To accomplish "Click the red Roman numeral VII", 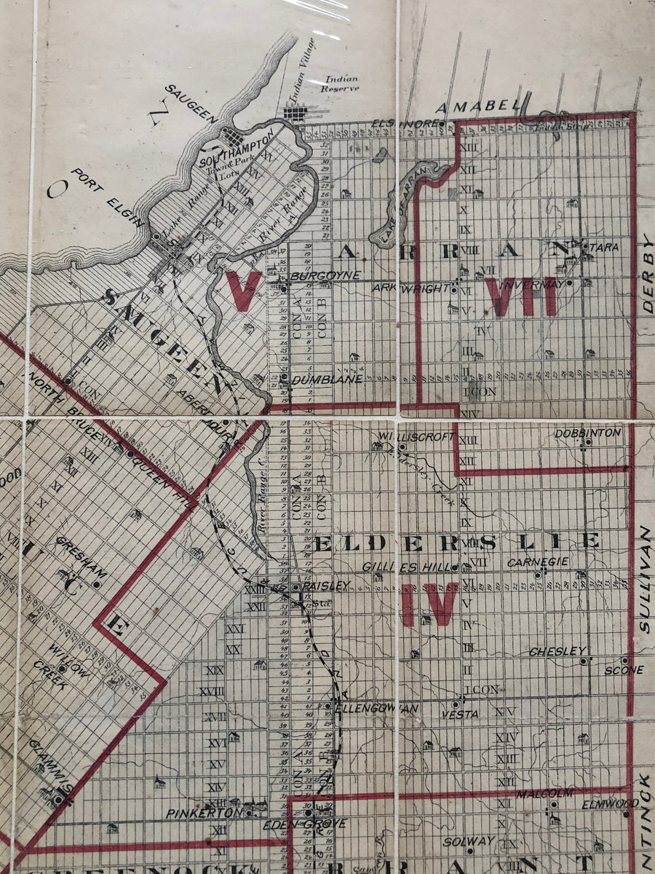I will pyautogui.click(x=523, y=297).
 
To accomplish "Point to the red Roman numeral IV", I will pyautogui.click(x=429, y=605).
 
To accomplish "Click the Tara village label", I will pyautogui.click(x=603, y=248).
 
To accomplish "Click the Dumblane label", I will pyautogui.click(x=317, y=379).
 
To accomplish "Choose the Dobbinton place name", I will pyautogui.click(x=587, y=433).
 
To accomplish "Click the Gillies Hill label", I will pyautogui.click(x=408, y=567).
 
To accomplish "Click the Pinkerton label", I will pyautogui.click(x=193, y=812).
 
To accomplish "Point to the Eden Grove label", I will pyautogui.click(x=317, y=824).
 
